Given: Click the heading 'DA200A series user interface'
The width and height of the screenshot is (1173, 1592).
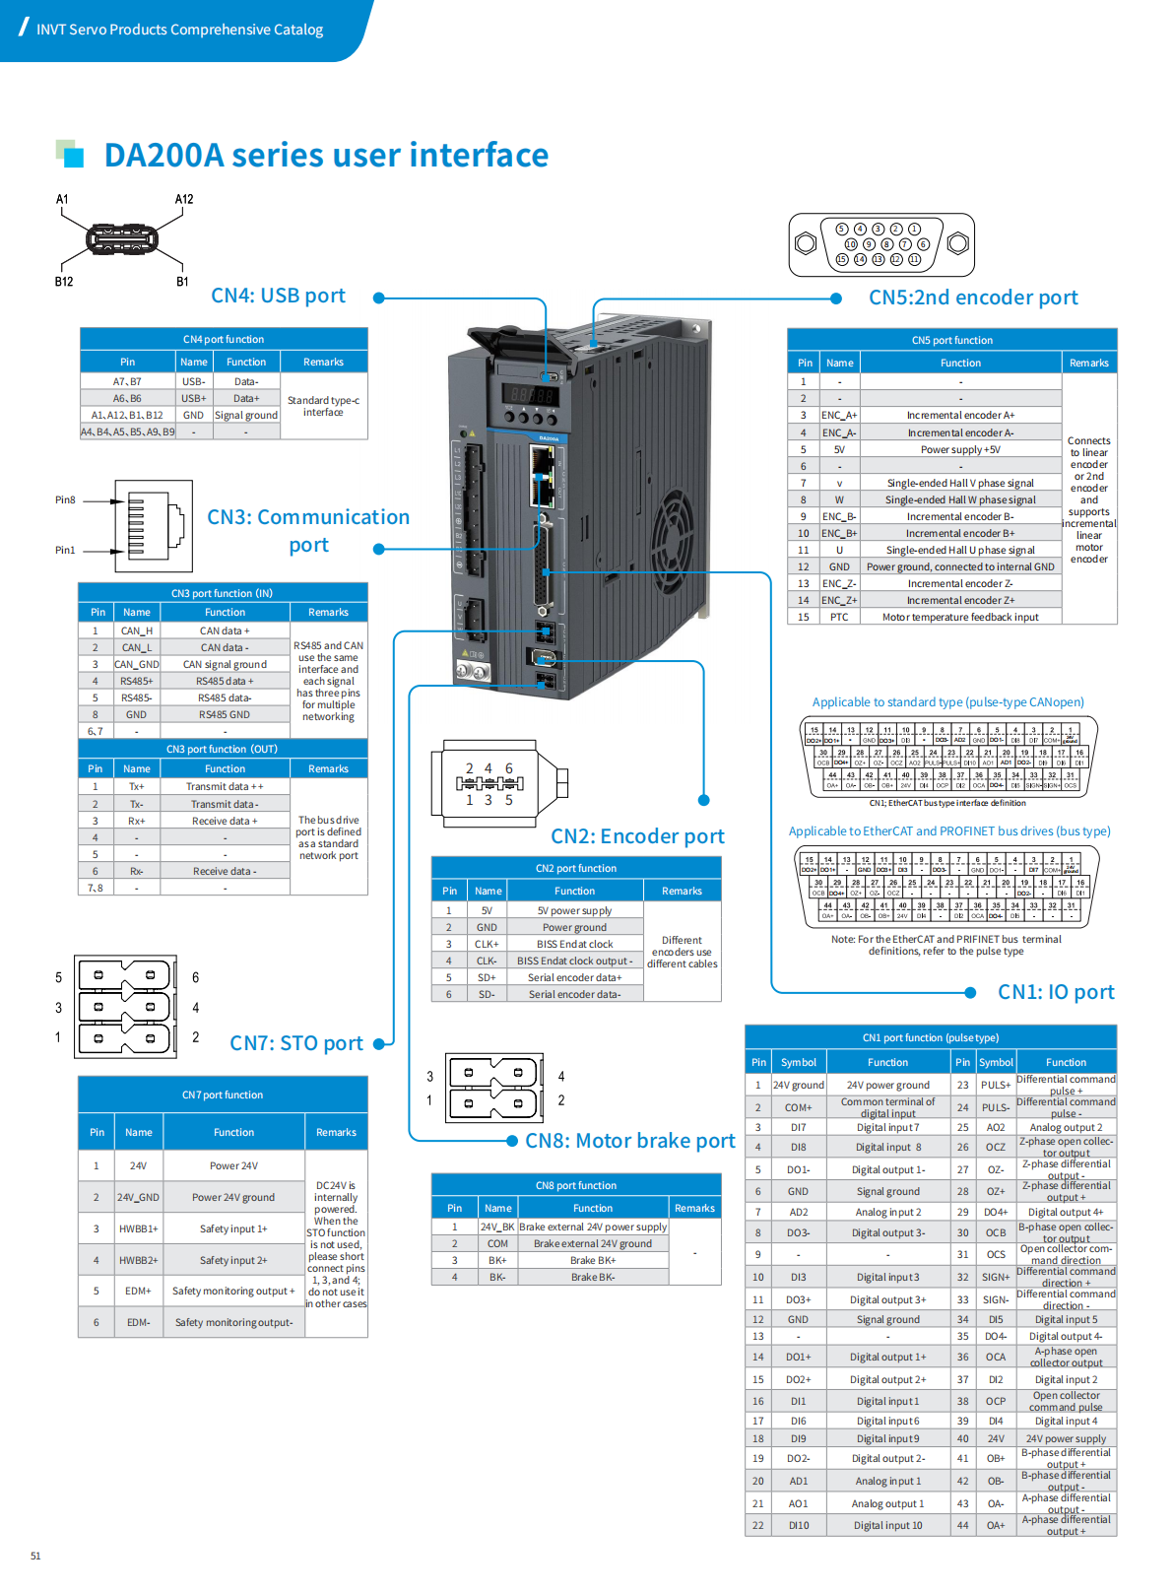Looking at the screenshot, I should [x=326, y=156].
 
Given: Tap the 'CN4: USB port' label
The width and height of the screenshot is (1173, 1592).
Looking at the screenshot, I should [x=278, y=296].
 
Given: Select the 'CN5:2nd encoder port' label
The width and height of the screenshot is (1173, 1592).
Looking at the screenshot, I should [x=972, y=298].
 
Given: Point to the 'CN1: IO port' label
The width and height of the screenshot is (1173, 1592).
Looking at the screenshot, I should [x=1055, y=992].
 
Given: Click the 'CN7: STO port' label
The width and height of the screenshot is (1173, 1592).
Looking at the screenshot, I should [x=295, y=1043].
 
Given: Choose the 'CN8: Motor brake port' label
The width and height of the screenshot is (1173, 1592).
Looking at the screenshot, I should [x=629, y=1141].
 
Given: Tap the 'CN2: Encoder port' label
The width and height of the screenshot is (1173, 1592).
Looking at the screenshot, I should [x=636, y=836].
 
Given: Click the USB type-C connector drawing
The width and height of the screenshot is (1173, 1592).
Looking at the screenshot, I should [x=122, y=239].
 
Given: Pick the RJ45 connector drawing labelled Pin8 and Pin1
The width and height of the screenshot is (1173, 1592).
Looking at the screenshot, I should [x=155, y=525].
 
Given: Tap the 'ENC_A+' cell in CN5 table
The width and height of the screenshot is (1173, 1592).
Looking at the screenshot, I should [x=839, y=416].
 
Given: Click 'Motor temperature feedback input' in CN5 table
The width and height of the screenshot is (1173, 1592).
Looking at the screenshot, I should [x=960, y=618].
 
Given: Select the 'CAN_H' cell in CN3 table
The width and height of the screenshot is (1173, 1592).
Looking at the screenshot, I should [x=137, y=631].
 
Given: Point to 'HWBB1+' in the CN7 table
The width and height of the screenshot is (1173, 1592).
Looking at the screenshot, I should [x=138, y=1229].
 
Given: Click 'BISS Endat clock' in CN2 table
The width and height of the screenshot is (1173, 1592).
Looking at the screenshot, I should [x=574, y=945].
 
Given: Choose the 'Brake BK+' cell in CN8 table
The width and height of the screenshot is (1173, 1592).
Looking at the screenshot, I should [x=593, y=1261].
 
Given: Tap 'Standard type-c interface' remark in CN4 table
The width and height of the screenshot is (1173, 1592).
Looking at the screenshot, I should [x=323, y=406].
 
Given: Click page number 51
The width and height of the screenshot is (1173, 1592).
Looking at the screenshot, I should [x=35, y=1557].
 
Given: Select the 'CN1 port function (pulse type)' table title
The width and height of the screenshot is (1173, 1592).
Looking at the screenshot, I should [x=930, y=1038].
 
